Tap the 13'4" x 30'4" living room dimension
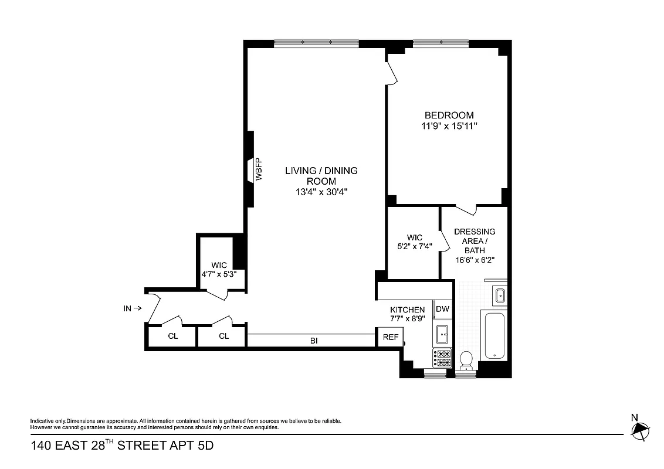point(321,192)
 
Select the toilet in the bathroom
point(467,360)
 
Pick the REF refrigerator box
point(390,337)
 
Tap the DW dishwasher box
point(442,309)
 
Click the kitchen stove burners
point(442,358)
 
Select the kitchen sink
point(442,334)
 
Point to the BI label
point(314,340)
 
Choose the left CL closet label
point(173,337)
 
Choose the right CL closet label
point(223,337)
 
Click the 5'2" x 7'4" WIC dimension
point(414,247)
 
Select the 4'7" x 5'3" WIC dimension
point(219,274)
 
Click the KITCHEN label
point(407,310)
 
